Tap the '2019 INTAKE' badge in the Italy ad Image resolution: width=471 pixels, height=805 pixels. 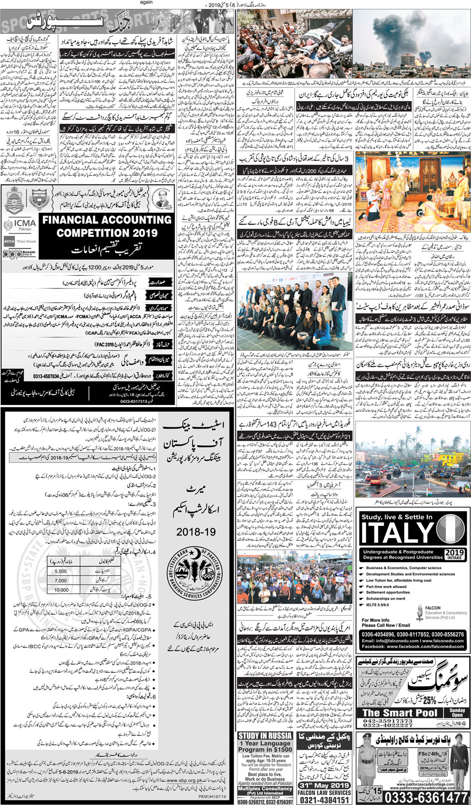(x=454, y=555)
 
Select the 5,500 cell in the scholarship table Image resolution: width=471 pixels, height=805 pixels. (x=61, y=571)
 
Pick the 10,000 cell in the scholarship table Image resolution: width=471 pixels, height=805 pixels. (x=61, y=589)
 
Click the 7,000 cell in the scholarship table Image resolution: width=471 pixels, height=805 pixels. (x=61, y=580)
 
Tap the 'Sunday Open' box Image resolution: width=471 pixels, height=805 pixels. (x=456, y=712)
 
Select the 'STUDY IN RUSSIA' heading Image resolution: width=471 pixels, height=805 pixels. (x=265, y=736)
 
